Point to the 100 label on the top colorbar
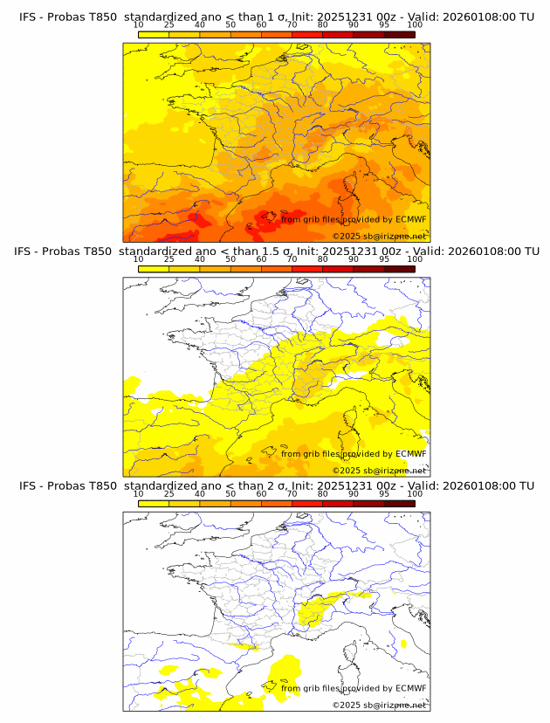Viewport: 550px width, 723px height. pos(414,26)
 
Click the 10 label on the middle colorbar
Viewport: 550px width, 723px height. pos(139,259)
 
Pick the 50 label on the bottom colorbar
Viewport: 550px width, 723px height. pos(230,493)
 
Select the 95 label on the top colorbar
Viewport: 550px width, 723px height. pos(384,26)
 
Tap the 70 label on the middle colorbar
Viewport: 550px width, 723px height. pos(292,259)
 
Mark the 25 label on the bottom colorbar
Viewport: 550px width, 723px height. pos(169,493)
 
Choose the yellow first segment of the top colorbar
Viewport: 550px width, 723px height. pos(154,35)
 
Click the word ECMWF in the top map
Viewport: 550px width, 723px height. pos(410,220)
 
